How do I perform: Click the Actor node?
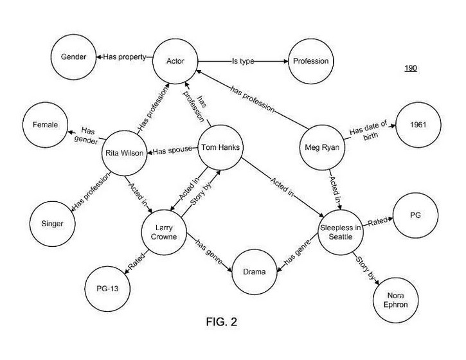click(175, 62)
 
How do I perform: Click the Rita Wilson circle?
click(125, 153)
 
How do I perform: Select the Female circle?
click(46, 125)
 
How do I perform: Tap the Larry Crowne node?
click(165, 231)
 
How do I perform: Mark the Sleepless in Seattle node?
click(341, 231)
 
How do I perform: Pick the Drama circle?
click(254, 271)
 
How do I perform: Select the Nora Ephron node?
click(395, 300)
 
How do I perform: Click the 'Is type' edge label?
click(244, 62)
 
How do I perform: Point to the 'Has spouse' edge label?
click(172, 151)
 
